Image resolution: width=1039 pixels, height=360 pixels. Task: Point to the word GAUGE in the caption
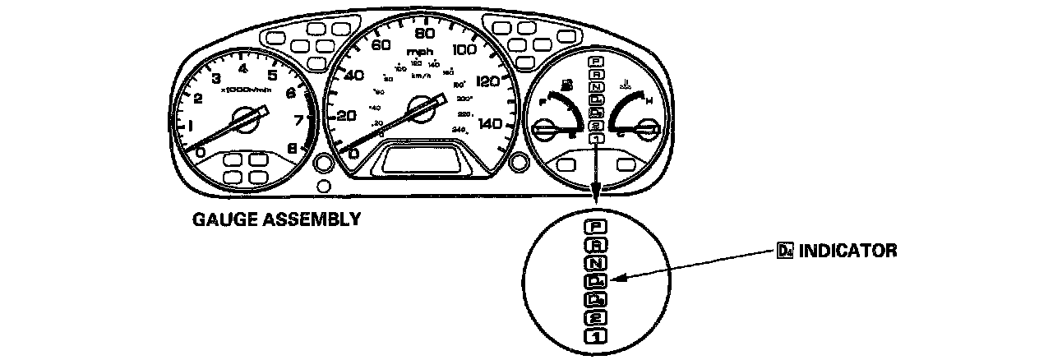pyautogui.click(x=221, y=220)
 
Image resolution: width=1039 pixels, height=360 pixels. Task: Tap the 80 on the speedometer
pyautogui.click(x=424, y=35)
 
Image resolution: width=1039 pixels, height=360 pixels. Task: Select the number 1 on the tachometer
pyautogui.click(x=191, y=126)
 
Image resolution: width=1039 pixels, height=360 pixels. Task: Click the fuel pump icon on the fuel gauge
pyautogui.click(x=567, y=85)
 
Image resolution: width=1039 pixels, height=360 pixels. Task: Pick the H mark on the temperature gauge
pyautogui.click(x=649, y=101)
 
